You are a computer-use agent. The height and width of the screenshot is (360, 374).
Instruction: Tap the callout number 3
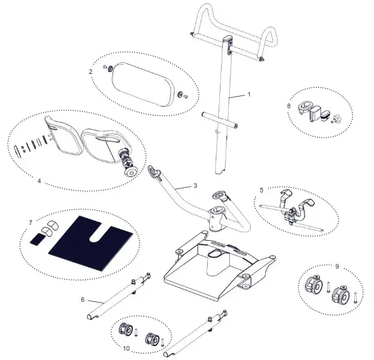(x=195, y=186)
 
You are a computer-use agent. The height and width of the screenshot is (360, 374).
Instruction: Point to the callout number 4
(x=39, y=181)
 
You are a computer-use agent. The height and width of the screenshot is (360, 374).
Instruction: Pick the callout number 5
(x=261, y=190)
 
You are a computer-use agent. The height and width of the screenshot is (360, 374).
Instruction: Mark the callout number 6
(x=83, y=300)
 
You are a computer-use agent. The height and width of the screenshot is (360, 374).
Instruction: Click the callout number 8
(x=289, y=106)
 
